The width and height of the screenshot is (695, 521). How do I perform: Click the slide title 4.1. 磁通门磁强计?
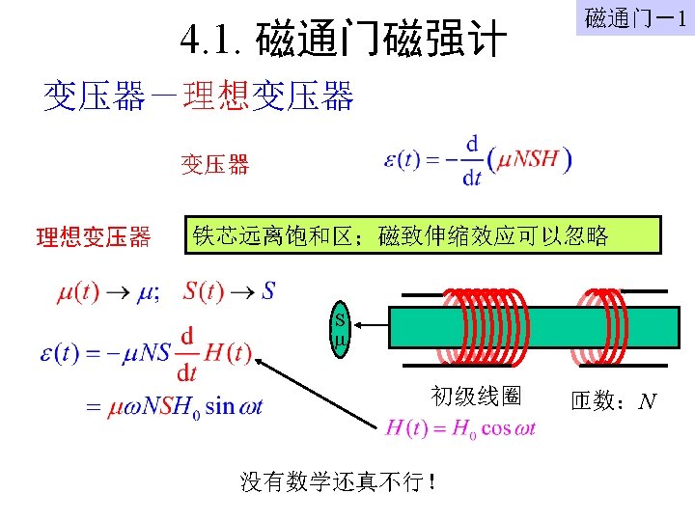[x=344, y=41]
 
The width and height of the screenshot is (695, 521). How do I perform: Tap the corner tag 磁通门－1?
[x=634, y=18]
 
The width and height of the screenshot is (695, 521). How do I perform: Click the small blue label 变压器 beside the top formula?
[x=215, y=165]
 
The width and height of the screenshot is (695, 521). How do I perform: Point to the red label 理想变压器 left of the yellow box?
[x=93, y=236]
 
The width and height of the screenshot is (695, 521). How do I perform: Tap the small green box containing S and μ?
[x=339, y=331]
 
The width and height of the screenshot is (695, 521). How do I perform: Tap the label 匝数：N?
[x=614, y=400]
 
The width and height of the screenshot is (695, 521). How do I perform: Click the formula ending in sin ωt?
[x=174, y=406]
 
